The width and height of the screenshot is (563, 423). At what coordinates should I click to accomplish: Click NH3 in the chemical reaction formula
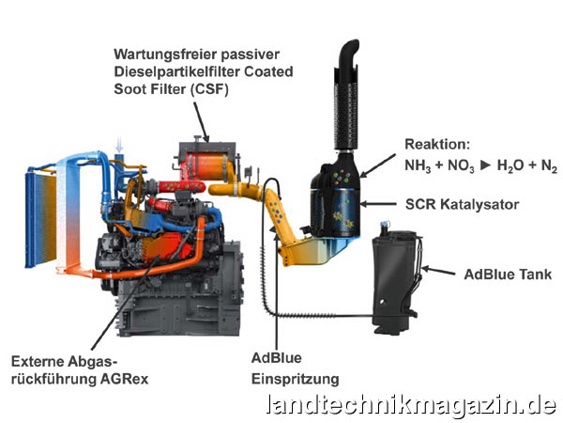click(x=418, y=165)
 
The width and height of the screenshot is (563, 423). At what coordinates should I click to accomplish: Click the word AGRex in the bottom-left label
click(x=124, y=377)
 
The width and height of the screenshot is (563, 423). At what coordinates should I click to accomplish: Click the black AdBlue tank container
click(x=394, y=273)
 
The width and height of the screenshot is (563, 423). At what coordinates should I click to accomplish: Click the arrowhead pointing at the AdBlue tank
click(x=424, y=270)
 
